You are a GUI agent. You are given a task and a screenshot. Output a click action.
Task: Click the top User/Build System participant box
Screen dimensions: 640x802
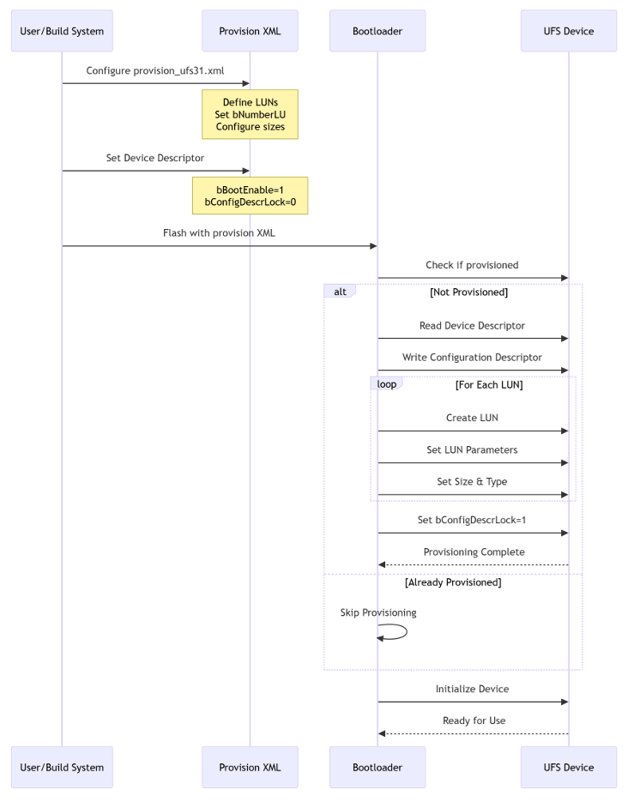tap(62, 31)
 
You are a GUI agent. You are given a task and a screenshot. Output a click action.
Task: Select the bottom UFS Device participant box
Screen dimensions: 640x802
tap(569, 767)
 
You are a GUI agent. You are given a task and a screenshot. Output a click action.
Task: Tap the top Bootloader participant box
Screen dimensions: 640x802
tap(377, 31)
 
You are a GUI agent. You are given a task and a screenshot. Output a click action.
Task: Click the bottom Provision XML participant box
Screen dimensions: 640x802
tap(250, 767)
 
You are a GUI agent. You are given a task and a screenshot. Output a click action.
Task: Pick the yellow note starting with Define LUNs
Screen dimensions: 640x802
tap(250, 114)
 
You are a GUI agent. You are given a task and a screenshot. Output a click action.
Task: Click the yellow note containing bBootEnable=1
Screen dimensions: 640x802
tap(250, 196)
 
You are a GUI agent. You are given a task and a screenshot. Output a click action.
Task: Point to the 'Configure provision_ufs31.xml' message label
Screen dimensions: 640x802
tap(155, 70)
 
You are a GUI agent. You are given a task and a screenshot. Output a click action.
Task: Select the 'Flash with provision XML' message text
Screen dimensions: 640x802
tap(219, 232)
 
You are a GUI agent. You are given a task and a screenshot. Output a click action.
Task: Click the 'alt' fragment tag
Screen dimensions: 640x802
tap(340, 292)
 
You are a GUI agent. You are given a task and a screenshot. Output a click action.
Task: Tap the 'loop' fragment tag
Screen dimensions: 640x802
tap(386, 383)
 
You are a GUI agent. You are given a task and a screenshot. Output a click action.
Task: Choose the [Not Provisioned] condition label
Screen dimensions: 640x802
tap(468, 292)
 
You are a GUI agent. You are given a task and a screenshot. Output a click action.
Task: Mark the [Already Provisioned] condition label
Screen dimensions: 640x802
tap(453, 582)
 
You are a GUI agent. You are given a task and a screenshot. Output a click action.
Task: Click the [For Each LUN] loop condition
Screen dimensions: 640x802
tap(489, 384)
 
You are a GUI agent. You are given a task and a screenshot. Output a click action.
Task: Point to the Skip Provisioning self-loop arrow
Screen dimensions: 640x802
tap(407, 631)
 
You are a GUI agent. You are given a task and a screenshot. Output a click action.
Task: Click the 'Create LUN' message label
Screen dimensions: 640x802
tap(472, 418)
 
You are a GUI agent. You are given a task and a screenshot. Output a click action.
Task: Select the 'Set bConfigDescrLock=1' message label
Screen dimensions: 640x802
tap(472, 520)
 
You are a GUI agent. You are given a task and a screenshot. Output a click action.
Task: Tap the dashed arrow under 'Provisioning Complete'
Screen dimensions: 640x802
tap(474, 564)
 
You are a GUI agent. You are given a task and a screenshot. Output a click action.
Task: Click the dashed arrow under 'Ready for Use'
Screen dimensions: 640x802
tap(474, 733)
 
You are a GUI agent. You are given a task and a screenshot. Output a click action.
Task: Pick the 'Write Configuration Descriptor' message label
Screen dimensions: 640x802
tap(472, 357)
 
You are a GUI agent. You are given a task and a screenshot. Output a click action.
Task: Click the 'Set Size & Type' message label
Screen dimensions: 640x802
tap(472, 481)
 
